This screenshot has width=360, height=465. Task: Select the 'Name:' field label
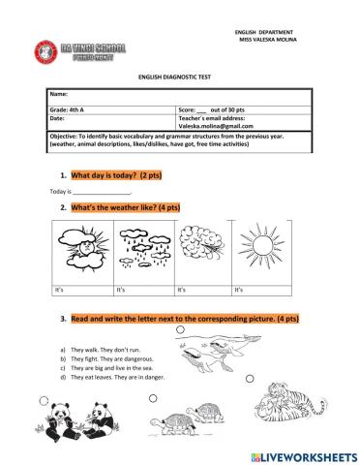(x=59, y=95)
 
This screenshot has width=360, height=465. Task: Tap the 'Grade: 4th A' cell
(x=72, y=109)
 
